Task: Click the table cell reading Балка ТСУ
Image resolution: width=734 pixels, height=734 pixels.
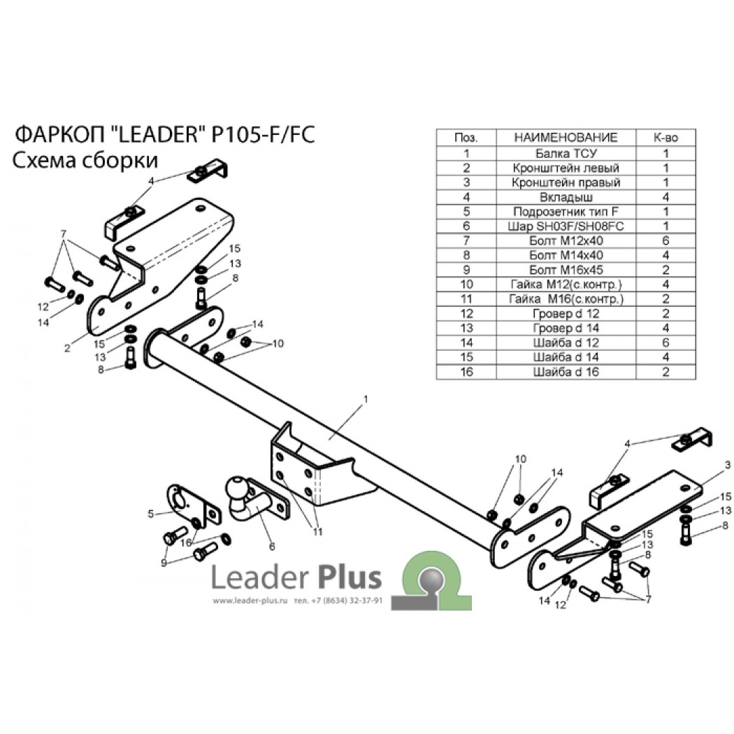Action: click(x=566, y=154)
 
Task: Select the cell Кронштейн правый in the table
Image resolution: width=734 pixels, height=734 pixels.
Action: click(x=566, y=182)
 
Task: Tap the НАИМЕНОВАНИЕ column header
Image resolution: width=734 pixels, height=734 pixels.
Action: click(x=566, y=138)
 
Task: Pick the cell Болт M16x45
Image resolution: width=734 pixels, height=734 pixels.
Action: click(x=566, y=270)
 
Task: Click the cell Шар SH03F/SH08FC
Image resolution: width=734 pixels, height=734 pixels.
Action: click(x=566, y=226)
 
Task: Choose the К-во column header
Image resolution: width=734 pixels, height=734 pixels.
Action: click(x=665, y=138)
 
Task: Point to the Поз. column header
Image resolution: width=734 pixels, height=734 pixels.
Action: click(x=466, y=138)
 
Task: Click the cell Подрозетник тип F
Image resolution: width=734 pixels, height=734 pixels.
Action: click(x=566, y=212)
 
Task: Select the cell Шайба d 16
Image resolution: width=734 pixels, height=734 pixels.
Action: click(x=566, y=372)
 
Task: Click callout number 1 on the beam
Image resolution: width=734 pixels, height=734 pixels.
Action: click(x=366, y=399)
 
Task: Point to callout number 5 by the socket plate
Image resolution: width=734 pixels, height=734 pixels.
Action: click(x=151, y=514)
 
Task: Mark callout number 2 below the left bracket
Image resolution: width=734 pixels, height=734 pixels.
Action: click(x=67, y=348)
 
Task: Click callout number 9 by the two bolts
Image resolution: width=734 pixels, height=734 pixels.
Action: click(x=164, y=563)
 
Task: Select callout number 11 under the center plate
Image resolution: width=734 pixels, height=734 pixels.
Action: click(x=318, y=532)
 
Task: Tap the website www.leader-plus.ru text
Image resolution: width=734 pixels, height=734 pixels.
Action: click(x=250, y=600)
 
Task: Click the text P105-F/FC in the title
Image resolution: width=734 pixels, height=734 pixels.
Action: click(x=263, y=135)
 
